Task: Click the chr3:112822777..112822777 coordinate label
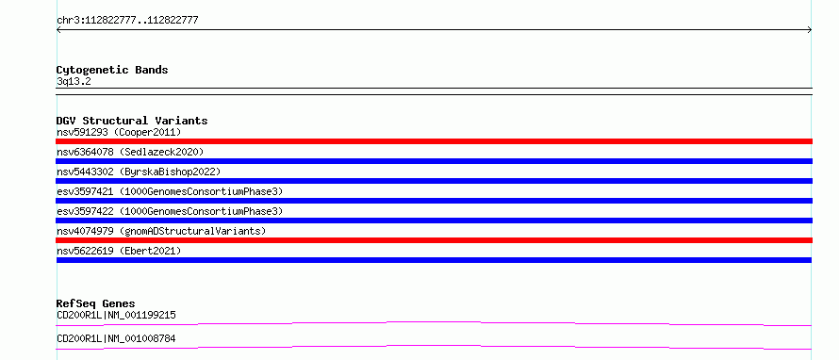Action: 127,21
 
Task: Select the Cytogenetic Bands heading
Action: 112,70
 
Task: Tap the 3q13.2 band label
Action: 74,81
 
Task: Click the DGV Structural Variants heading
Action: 132,121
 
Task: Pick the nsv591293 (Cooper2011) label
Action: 119,132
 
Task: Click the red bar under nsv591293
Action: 434,141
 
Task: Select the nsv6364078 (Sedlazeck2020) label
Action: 130,152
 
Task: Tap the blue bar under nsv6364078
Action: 434,161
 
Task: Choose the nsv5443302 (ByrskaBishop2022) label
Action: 139,172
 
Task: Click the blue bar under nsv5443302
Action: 434,181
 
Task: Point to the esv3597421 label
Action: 85,191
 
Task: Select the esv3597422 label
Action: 85,211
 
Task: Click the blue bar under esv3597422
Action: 434,221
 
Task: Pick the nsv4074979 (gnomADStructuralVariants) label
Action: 161,231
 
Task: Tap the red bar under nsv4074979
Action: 434,240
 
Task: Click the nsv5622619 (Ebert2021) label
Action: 119,251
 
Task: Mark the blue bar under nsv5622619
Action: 434,260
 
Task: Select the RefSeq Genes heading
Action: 96,304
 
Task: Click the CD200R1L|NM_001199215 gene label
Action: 116,315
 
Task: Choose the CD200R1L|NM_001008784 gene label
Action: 116,338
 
